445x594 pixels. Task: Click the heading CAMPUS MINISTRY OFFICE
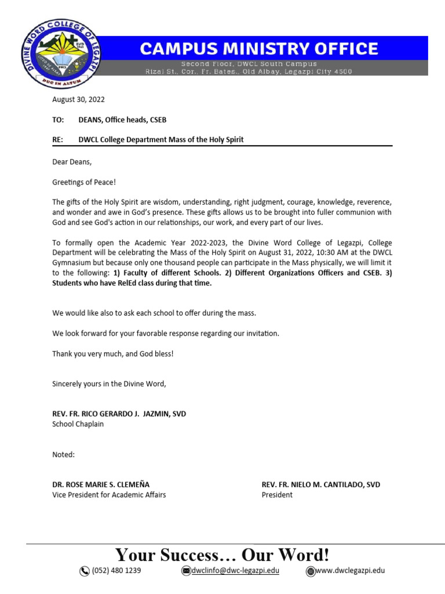pyautogui.click(x=258, y=48)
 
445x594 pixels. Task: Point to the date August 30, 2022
pyautogui.click(x=78, y=100)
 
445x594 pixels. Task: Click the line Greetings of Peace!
pyautogui.click(x=84, y=182)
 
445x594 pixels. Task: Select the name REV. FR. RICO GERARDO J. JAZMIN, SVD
pyautogui.click(x=119, y=414)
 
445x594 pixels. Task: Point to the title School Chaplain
pyautogui.click(x=79, y=424)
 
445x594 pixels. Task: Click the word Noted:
pyautogui.click(x=63, y=454)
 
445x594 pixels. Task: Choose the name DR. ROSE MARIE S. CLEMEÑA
pyautogui.click(x=105, y=484)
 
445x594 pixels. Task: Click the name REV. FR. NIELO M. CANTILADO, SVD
pyautogui.click(x=320, y=484)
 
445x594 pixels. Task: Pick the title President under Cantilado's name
pyautogui.click(x=277, y=495)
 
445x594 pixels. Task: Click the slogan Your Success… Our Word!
pyautogui.click(x=222, y=555)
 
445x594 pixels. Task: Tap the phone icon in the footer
pyautogui.click(x=85, y=571)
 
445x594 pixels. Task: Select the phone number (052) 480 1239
pyautogui.click(x=116, y=571)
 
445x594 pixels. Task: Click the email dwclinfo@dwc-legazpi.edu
pyautogui.click(x=235, y=571)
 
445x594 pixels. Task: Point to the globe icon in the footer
pyautogui.click(x=311, y=571)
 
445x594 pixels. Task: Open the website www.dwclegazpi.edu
pyautogui.click(x=350, y=571)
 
